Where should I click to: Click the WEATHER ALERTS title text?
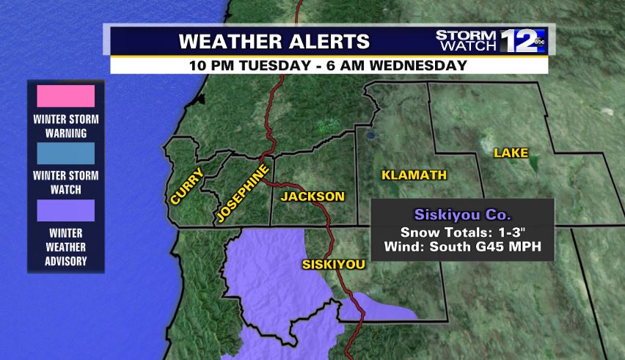pyautogui.click(x=274, y=40)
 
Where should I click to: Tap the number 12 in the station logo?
pyautogui.click(x=517, y=40)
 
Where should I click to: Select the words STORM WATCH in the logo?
pyautogui.click(x=467, y=40)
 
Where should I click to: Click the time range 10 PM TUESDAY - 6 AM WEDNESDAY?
pyautogui.click(x=328, y=65)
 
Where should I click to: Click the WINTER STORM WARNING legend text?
pyautogui.click(x=66, y=126)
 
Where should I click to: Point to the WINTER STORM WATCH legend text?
pyautogui.click(x=66, y=183)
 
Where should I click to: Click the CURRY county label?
pyautogui.click(x=187, y=185)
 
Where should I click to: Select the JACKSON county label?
pyautogui.click(x=312, y=196)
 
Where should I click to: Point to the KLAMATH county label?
pyautogui.click(x=414, y=175)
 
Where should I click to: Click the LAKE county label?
pyautogui.click(x=511, y=153)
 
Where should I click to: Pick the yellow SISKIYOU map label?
pyautogui.click(x=334, y=264)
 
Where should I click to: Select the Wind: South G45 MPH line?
pyautogui.click(x=461, y=247)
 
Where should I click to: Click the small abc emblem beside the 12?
pyautogui.click(x=539, y=43)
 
